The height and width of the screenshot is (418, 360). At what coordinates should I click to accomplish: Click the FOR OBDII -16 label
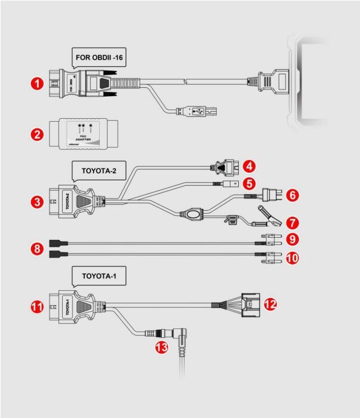(x=100, y=59)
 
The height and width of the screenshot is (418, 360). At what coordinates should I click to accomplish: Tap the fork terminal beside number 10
(x=270, y=259)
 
